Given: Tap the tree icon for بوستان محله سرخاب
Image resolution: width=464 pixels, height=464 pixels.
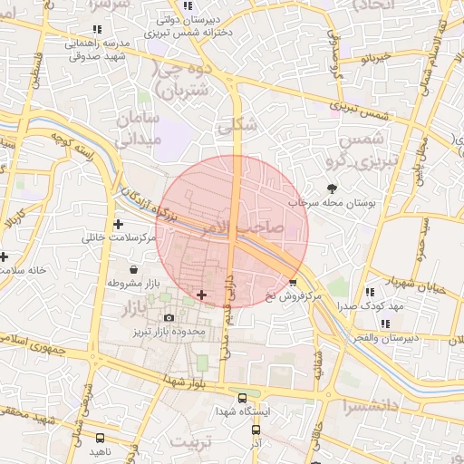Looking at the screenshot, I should pos(333,188).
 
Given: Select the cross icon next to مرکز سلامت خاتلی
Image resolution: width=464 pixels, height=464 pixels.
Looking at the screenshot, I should pos(119,224).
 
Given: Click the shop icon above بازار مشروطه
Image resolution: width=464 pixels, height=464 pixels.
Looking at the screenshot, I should pos(134,269).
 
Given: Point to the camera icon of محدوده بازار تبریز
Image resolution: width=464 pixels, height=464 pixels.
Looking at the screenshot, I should pos(169,318).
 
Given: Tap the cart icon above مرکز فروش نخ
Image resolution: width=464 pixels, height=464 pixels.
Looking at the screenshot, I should pos(292,283).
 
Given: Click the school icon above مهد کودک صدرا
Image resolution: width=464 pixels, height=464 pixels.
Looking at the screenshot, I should pos(370,292).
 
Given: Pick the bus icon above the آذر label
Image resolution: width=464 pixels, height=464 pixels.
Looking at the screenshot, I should pos(256,430).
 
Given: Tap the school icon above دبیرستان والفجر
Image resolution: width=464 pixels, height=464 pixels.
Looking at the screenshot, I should pos(386,324).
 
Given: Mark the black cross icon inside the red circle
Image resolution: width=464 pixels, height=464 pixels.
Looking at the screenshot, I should pos(201,295).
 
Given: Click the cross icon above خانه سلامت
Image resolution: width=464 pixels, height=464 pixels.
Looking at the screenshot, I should pos(4,256).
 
